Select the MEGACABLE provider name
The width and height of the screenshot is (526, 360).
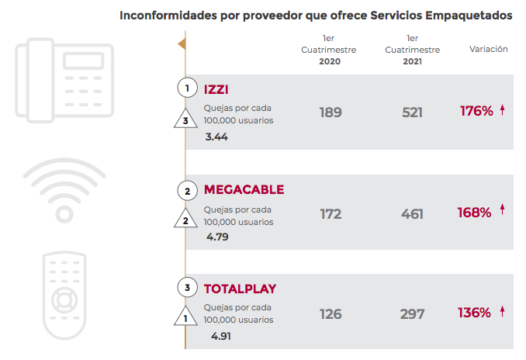coord(244,190)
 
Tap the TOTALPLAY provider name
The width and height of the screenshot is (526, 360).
coord(240,289)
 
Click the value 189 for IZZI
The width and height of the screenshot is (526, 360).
coord(330,112)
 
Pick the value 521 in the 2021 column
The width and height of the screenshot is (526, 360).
coord(412,112)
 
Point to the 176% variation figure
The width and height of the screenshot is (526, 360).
coord(476,111)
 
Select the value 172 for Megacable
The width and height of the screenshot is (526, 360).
coord(330,213)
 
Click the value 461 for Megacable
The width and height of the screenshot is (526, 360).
coord(412,213)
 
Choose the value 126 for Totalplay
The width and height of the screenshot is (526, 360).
coord(330,314)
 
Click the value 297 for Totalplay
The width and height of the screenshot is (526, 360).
coord(412,314)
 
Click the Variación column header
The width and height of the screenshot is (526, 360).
coord(489,49)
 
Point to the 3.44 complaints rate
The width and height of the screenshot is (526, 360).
coord(217,137)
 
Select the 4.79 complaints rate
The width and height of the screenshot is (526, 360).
coord(217,237)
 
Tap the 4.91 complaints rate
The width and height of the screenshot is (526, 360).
coord(220,337)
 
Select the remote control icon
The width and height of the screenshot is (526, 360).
coord(65,295)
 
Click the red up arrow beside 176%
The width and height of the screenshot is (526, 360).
coord(503,110)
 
